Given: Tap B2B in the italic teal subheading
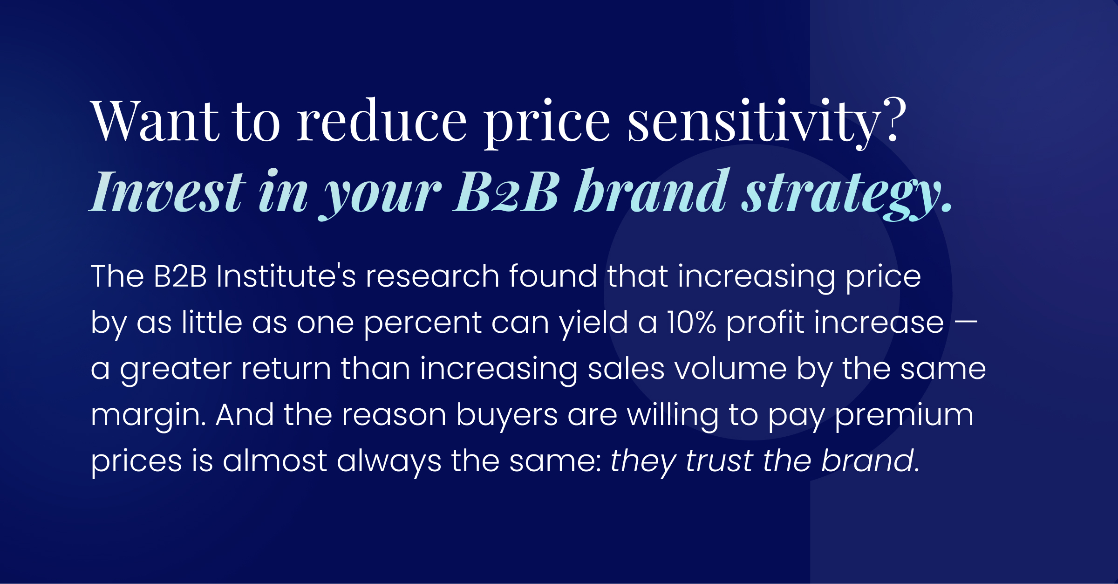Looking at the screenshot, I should (x=506, y=191).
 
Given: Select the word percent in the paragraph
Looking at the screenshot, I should (x=422, y=323).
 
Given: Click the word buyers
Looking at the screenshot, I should (x=506, y=415).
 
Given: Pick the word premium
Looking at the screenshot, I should (x=904, y=415).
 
